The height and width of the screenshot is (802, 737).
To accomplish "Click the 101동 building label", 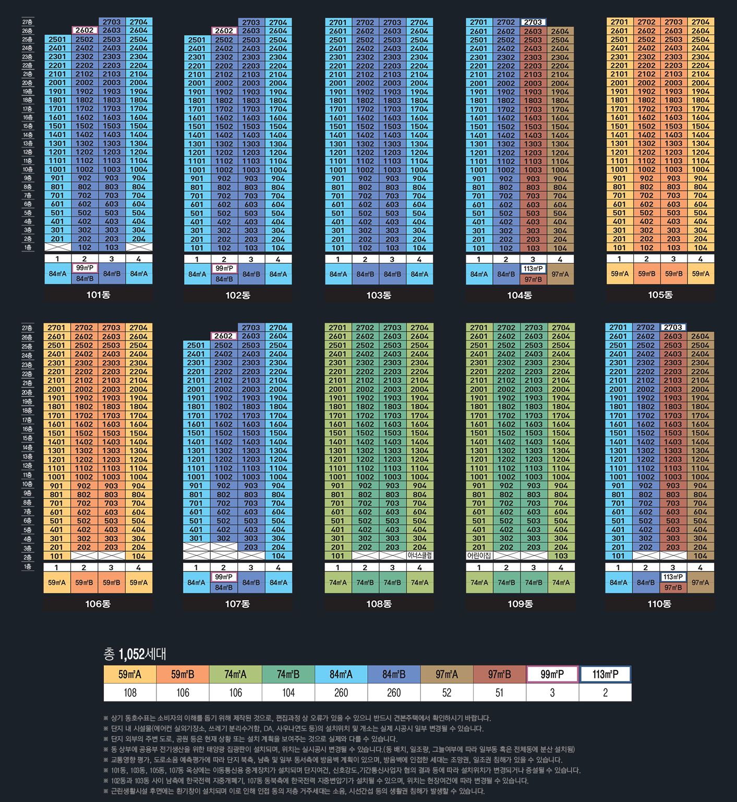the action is click(98, 295).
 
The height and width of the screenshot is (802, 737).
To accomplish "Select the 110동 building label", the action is click(659, 604).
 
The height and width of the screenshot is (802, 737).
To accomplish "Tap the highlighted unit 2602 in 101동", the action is click(84, 30).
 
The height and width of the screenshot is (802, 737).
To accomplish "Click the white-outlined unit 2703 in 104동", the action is click(533, 22).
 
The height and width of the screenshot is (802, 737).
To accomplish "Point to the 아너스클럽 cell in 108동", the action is click(420, 556).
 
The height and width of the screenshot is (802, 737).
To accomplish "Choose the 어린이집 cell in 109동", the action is click(479, 556).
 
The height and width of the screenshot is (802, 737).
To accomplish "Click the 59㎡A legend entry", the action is click(130, 674).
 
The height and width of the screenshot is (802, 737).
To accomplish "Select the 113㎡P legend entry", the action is click(605, 674).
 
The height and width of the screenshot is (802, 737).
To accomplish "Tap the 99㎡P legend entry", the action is click(552, 674).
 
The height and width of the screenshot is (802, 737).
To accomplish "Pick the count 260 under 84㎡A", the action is click(341, 692).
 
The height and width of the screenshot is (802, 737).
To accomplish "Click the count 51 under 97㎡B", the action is click(499, 692).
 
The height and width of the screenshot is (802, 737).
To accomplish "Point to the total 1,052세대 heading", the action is click(135, 654).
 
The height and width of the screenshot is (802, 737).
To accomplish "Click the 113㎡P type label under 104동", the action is click(533, 269).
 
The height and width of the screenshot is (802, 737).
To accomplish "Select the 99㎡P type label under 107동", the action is click(223, 577).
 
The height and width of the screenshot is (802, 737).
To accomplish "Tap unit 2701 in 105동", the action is click(619, 22).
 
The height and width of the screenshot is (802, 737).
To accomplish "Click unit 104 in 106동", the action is click(138, 556).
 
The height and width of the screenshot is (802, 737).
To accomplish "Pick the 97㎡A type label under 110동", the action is click(700, 582).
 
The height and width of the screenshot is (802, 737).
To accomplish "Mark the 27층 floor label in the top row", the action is click(27, 22).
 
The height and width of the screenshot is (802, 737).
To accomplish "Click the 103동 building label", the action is click(379, 295).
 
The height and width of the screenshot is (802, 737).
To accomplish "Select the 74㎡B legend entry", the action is click(288, 674).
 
